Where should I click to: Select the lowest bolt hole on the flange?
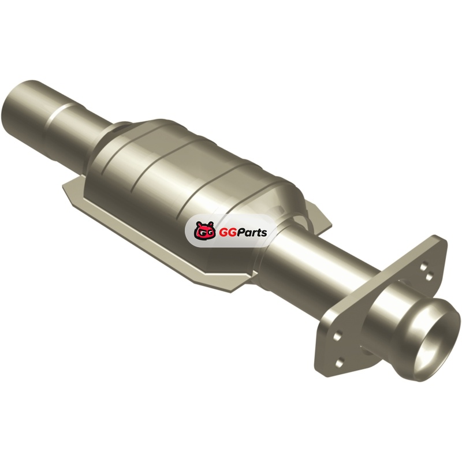click(x=340, y=362)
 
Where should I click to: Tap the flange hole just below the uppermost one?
click(x=430, y=277)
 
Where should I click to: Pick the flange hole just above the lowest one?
click(x=338, y=336)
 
